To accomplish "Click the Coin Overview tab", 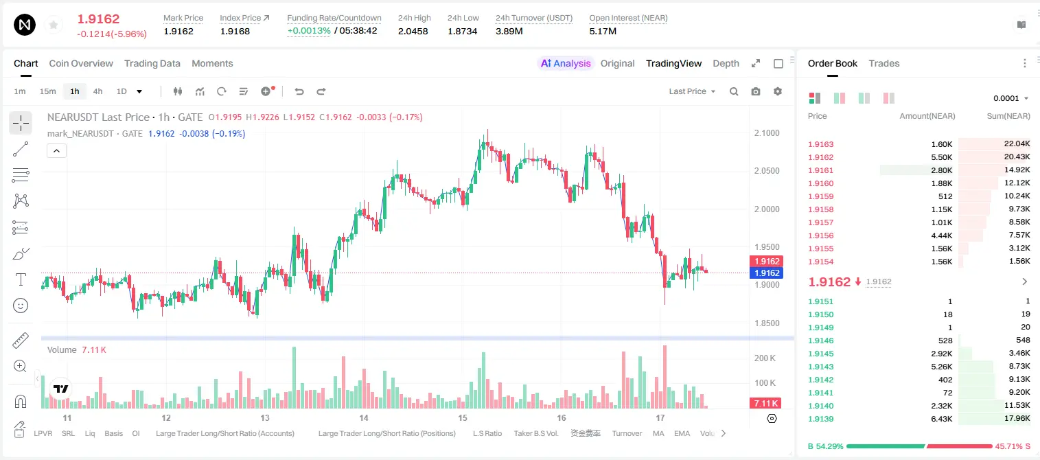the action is pos(81,63).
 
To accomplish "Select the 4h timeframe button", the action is pos(97,91).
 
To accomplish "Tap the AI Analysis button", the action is pos(566,63).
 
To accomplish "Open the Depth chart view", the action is pos(726,63).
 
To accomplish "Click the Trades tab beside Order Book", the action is pos(884,63).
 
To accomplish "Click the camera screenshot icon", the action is pos(756,91).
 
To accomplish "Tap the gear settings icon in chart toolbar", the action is pos(778,91).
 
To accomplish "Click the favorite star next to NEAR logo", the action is pos(54,25).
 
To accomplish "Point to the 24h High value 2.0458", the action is pos(413,31).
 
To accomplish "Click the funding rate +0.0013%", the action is pos(309,31).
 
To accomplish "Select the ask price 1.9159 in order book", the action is pos(821,196).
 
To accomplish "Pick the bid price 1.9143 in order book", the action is pos(821,367).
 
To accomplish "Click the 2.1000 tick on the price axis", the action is pos(767,133).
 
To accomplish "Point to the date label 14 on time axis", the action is pos(364,418).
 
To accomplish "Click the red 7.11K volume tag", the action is pos(765,403).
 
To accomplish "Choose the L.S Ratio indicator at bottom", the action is pos(487,433).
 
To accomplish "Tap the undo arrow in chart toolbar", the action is pos(299,91).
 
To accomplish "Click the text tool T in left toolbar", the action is pos(21,279).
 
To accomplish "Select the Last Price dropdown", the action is pos(692,91).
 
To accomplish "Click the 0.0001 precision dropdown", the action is pos(1010,98).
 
